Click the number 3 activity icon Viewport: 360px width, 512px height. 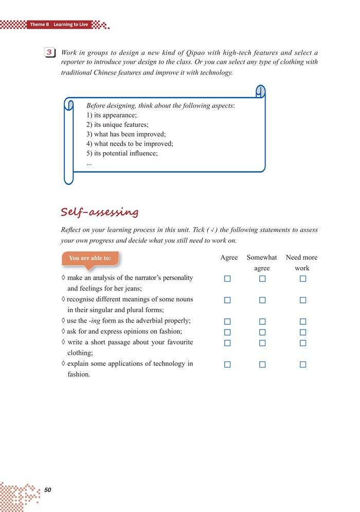pos(50,53)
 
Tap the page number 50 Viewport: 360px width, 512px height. pos(48,490)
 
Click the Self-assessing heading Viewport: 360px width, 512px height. pos(99,212)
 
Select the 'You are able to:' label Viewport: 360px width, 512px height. pos(89,258)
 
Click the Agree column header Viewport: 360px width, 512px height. pos(229,258)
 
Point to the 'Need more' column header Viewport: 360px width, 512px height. pos(301,258)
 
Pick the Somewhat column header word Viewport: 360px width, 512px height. pos(262,258)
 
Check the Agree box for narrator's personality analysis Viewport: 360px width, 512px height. pos(227,279)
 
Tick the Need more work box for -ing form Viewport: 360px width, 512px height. pos(303,322)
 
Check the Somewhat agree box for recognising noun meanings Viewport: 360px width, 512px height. pos(262,300)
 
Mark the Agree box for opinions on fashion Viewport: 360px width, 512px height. pos(227,332)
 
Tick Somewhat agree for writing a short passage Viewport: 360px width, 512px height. pos(262,343)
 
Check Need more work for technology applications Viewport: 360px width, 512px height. pos(303,364)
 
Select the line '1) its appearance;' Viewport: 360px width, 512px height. pos(112,115)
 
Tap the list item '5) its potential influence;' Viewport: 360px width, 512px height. pos(122,153)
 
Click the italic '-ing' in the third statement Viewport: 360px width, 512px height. pos(93,321)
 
